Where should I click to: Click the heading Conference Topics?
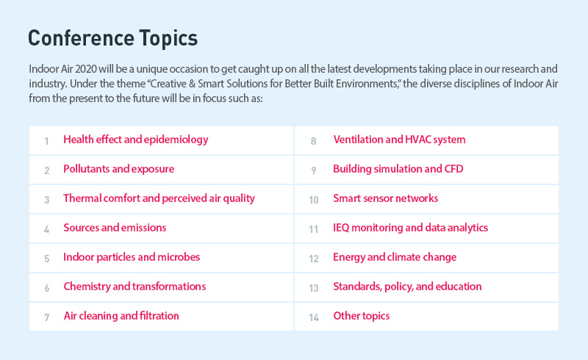[113, 39]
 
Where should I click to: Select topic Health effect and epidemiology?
[136, 140]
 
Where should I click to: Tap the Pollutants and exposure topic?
[119, 169]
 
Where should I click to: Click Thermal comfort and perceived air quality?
[159, 198]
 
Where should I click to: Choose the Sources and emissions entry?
[115, 228]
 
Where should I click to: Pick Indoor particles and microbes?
[132, 257]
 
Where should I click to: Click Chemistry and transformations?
[135, 287]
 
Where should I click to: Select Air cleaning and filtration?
[121, 316]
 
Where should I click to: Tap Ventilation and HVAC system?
[399, 140]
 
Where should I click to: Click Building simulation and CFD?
[398, 169]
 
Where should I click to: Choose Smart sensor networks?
[385, 198]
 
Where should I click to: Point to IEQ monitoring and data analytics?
[411, 228]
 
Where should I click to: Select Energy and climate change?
[395, 257]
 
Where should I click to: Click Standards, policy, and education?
[407, 287]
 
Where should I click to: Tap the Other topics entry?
[362, 316]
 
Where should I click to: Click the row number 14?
[314, 317]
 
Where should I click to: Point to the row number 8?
[314, 141]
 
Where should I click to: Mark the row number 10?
[314, 200]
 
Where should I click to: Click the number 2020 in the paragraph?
[86, 69]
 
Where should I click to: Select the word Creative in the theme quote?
[168, 84]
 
